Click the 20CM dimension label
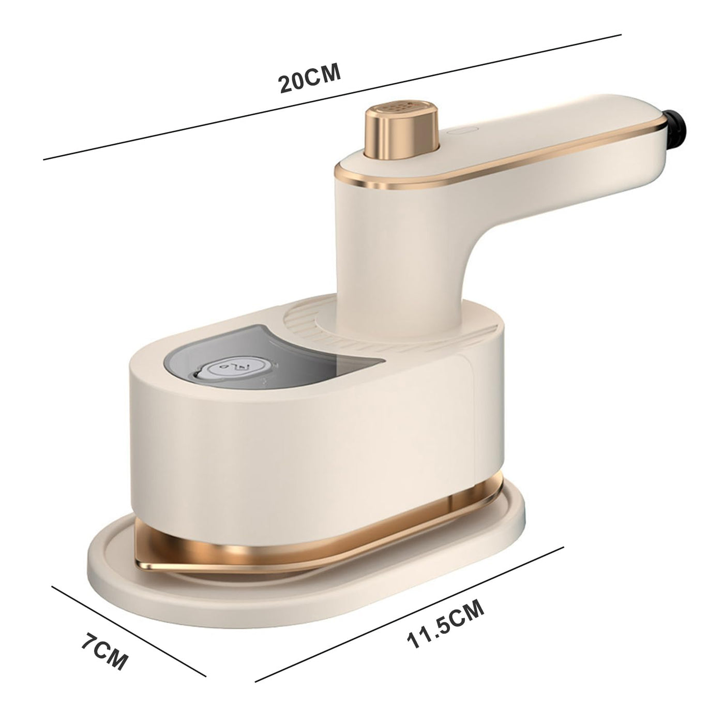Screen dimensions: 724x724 click(310, 78)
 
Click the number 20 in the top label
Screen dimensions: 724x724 click(292, 82)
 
